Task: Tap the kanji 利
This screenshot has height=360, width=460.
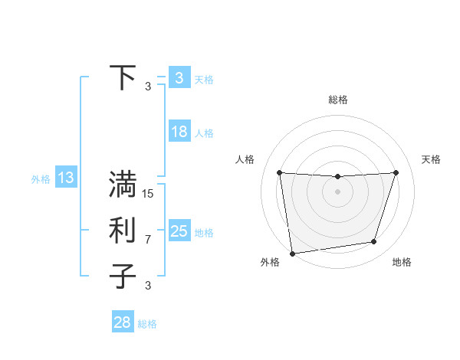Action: pyautogui.click(x=123, y=231)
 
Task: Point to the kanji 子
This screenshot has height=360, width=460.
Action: pyautogui.click(x=123, y=277)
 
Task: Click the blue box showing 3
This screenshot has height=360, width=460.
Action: pyautogui.click(x=179, y=78)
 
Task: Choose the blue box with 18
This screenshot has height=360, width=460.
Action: pyautogui.click(x=179, y=132)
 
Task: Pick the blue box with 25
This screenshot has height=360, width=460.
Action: pyautogui.click(x=179, y=231)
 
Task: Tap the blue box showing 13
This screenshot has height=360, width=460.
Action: pyautogui.click(x=65, y=178)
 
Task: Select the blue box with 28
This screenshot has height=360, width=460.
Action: pyautogui.click(x=122, y=322)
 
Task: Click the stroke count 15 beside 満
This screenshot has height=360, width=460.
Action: pyautogui.click(x=148, y=194)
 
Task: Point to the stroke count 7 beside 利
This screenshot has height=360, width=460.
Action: pyautogui.click(x=148, y=240)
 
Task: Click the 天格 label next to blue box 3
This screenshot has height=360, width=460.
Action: pyautogui.click(x=204, y=79)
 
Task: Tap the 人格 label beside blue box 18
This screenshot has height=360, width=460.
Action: pyautogui.click(x=204, y=133)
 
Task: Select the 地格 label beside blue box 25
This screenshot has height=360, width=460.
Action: pyautogui.click(x=204, y=232)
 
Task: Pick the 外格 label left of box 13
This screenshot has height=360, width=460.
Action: pyautogui.click(x=41, y=179)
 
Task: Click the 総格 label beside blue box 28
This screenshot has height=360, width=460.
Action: pyautogui.click(x=147, y=324)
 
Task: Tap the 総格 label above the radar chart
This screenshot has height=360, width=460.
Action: pyautogui.click(x=337, y=100)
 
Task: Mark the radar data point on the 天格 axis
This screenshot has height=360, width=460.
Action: pyautogui.click(x=396, y=172)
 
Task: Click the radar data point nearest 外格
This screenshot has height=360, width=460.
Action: pyautogui.click(x=292, y=253)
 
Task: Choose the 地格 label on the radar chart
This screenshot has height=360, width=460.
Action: pyautogui.click(x=402, y=262)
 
